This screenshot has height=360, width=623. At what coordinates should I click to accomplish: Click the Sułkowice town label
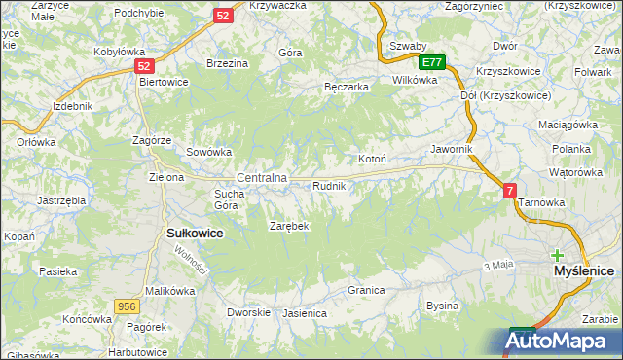(x=196, y=234)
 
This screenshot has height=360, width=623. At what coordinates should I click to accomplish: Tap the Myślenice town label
(x=583, y=271)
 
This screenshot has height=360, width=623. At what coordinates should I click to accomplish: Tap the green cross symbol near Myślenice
(x=557, y=255)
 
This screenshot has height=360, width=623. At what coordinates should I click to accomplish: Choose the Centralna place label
(x=262, y=178)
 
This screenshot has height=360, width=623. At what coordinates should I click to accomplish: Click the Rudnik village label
(x=329, y=185)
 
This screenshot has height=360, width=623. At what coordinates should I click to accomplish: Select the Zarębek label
(x=288, y=226)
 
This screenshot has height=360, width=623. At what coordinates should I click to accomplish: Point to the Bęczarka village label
(x=346, y=87)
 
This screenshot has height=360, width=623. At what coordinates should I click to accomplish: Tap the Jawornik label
(x=452, y=149)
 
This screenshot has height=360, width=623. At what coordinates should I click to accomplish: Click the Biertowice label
(x=164, y=83)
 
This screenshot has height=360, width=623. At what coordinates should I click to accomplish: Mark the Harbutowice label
(x=134, y=352)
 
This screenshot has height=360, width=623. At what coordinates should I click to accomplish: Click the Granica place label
(x=367, y=290)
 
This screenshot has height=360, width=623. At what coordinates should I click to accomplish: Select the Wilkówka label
(x=415, y=80)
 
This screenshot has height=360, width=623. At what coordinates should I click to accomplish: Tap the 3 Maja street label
(x=497, y=266)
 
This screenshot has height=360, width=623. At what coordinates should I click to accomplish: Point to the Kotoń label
(x=373, y=159)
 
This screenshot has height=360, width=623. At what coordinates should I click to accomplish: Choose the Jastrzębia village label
(x=60, y=199)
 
